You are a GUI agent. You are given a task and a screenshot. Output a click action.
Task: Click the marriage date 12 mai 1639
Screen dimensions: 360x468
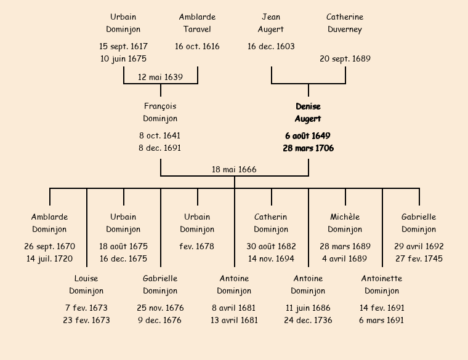coord(160,77)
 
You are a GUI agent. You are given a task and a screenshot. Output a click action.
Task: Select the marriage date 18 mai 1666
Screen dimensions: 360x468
coord(234,169)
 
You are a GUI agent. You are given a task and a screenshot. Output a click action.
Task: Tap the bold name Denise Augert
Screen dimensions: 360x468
coord(308,113)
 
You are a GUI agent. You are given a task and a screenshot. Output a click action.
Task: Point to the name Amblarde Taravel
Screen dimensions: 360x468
coord(197,23)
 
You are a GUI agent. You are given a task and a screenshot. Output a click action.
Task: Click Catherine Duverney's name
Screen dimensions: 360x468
coord(345,23)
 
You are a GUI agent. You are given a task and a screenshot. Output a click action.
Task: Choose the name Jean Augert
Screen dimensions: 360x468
coord(271,23)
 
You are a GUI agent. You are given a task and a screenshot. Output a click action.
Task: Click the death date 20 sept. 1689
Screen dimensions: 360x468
coord(345,59)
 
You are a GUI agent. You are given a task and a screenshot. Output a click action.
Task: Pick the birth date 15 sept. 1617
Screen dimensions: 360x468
coord(123,46)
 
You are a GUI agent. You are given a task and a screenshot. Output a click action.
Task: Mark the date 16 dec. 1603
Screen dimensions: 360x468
coord(271,46)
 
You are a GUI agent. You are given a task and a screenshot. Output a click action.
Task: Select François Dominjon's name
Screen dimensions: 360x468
coord(160,113)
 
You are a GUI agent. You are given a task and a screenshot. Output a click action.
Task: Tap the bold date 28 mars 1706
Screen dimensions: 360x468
coord(308,148)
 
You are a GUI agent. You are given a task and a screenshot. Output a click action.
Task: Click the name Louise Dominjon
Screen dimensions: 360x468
coord(86,285)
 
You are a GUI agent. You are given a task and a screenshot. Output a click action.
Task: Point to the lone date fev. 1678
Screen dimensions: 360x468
coord(197,246)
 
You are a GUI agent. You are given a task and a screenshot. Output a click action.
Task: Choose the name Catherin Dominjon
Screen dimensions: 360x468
coord(271,223)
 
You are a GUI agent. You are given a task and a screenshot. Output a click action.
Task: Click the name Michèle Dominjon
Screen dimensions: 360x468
coord(345,223)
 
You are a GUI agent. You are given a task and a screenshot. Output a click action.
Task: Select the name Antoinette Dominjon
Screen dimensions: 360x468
coord(382,285)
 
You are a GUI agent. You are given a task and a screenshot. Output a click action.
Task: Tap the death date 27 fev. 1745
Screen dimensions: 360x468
coord(419,258)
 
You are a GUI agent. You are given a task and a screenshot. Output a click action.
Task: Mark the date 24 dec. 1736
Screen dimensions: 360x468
coord(308,320)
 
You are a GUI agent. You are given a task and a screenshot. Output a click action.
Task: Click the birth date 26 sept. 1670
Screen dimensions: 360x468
coord(49,246)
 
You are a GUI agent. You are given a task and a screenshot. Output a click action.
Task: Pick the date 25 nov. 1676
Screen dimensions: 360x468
coord(160,308)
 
